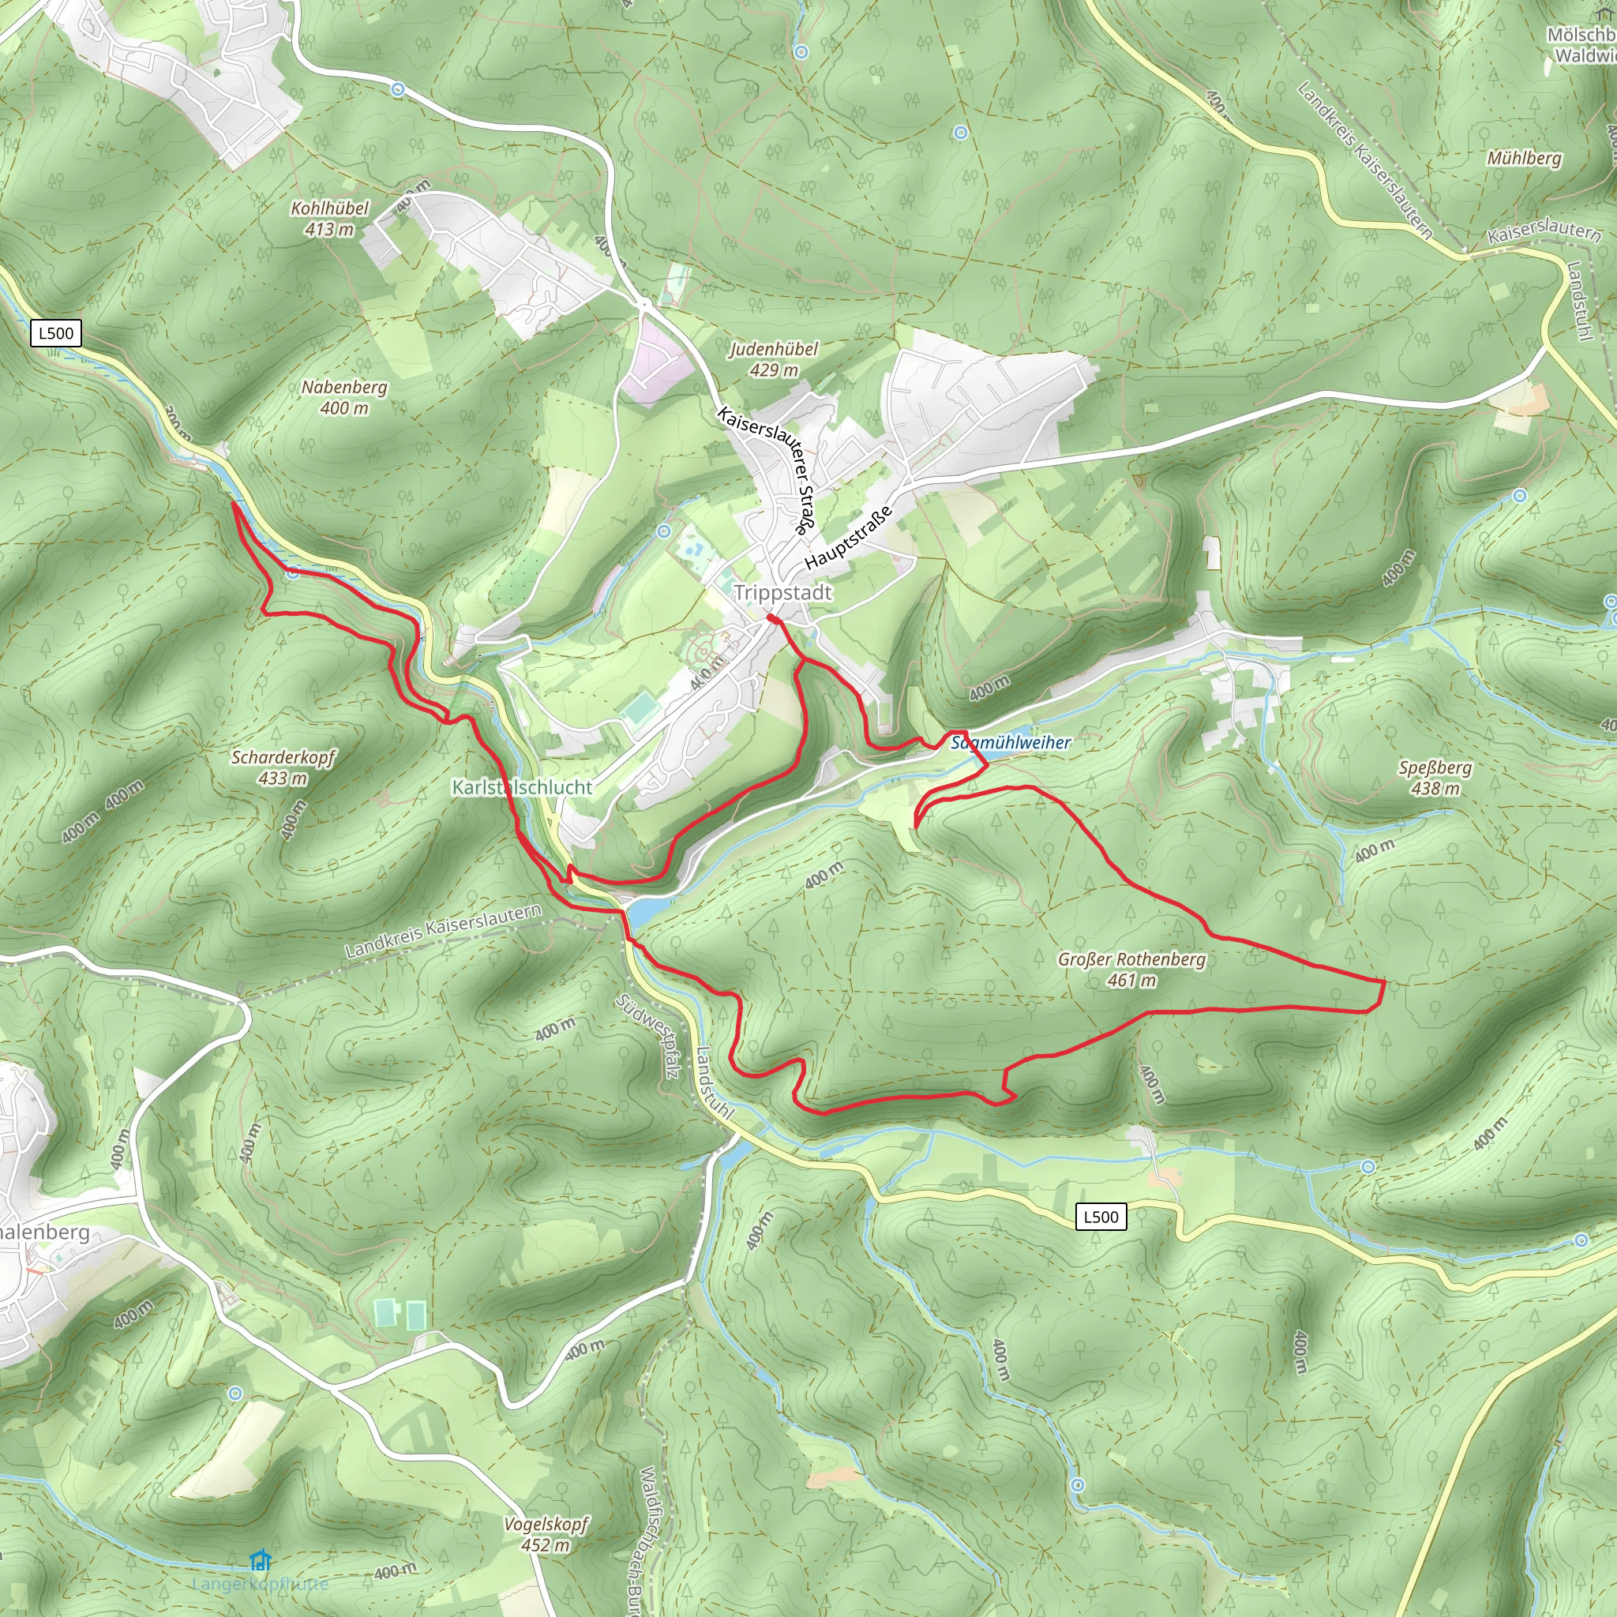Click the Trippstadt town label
click(782, 593)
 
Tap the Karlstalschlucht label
click(521, 787)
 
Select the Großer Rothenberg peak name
click(1131, 959)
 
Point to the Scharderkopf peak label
click(283, 757)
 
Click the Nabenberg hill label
click(344, 388)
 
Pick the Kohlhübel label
click(329, 208)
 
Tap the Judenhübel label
click(773, 349)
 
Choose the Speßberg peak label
click(1435, 767)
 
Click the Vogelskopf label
click(546, 1524)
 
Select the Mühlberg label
click(1524, 158)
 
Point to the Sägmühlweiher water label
click(1011, 742)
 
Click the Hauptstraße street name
click(849, 538)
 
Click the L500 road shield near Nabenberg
click(56, 333)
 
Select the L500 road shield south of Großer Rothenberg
click(1101, 1217)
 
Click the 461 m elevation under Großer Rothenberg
click(1131, 980)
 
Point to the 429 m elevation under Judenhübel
click(773, 370)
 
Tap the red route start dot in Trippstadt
click(771, 618)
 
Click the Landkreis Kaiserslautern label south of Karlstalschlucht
click(443, 932)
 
